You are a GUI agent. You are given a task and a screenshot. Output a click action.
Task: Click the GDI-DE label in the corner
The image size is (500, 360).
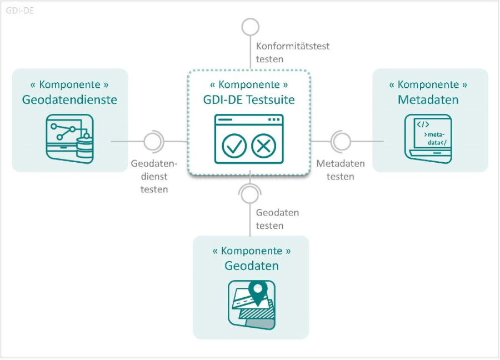20,10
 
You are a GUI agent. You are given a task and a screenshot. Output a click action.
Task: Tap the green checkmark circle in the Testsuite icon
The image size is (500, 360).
234,146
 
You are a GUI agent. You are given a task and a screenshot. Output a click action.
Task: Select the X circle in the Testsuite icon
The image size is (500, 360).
263,146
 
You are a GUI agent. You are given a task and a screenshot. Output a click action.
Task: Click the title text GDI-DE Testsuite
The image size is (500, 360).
249,101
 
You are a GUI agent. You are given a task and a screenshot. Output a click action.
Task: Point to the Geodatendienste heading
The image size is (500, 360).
70,100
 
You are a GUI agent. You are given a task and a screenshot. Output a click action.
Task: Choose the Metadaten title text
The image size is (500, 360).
428,100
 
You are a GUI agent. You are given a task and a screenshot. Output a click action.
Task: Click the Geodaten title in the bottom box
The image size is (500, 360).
252,266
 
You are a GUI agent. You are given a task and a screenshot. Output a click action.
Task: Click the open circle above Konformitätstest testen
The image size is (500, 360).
250,27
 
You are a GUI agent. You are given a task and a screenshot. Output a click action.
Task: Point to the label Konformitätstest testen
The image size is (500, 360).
292,52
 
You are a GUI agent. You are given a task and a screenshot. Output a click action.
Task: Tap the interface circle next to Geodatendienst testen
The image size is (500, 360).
153,142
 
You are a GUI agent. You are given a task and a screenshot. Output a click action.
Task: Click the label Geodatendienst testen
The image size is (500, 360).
154,177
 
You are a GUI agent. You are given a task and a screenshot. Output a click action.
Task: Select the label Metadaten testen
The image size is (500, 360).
341,170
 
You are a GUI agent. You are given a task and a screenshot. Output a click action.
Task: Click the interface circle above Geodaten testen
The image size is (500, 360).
249,194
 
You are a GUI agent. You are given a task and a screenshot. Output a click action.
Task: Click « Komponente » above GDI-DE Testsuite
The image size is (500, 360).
249,85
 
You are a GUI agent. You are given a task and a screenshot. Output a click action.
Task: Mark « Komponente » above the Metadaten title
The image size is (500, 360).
428,85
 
